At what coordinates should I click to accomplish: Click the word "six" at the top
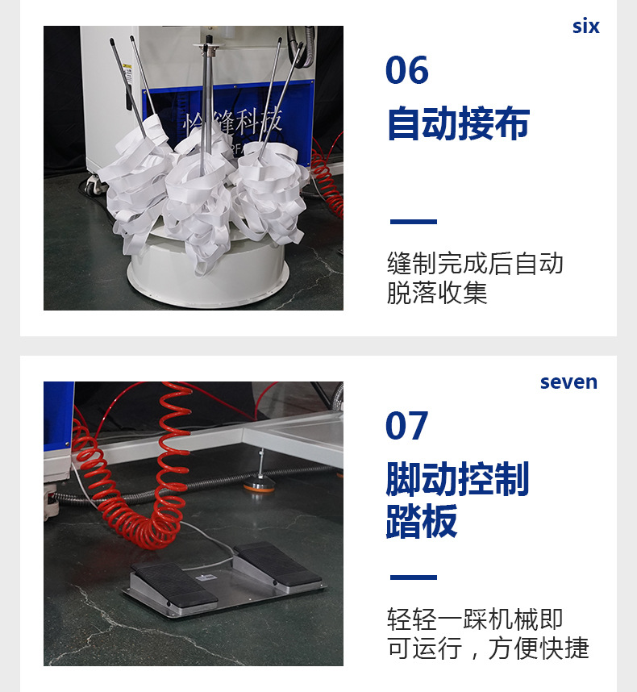[x=586, y=26]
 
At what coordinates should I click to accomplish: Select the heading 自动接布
[x=458, y=123]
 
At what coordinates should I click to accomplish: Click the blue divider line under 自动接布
[x=414, y=222]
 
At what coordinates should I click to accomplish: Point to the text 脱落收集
[x=437, y=292]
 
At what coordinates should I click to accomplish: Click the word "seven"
[x=568, y=382]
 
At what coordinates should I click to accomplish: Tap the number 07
[x=406, y=425]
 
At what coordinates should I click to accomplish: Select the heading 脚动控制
[x=457, y=479]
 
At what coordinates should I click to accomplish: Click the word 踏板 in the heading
[x=422, y=521]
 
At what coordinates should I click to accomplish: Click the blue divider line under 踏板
[x=414, y=577]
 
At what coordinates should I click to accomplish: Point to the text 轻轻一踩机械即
[x=475, y=619]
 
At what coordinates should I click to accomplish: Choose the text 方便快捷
[x=538, y=648]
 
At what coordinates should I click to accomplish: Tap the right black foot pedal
[x=278, y=563]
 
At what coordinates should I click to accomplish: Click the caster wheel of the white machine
[x=93, y=186]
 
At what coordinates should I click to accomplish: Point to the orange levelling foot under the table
[x=259, y=486]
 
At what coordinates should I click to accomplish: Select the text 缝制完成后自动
[x=475, y=264]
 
